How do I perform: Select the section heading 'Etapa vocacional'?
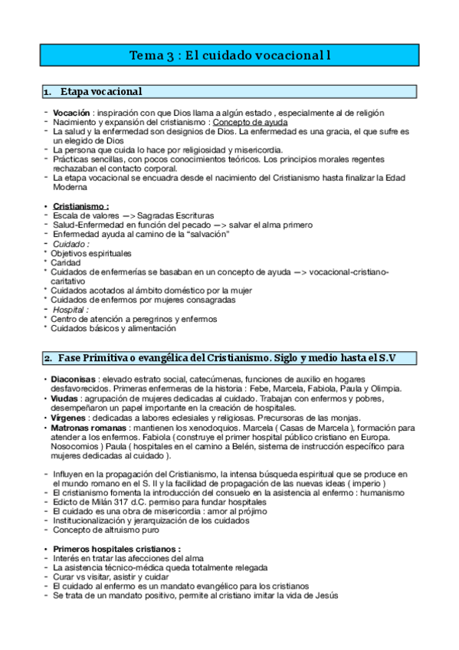[x=100, y=92]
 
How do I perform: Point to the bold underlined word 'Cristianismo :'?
[x=80, y=206]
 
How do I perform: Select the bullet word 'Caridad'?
[x=67, y=262]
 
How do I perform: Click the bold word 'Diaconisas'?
[x=74, y=379]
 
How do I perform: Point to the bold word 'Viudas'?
[x=66, y=399]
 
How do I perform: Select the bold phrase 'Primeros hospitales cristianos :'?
[x=116, y=549]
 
